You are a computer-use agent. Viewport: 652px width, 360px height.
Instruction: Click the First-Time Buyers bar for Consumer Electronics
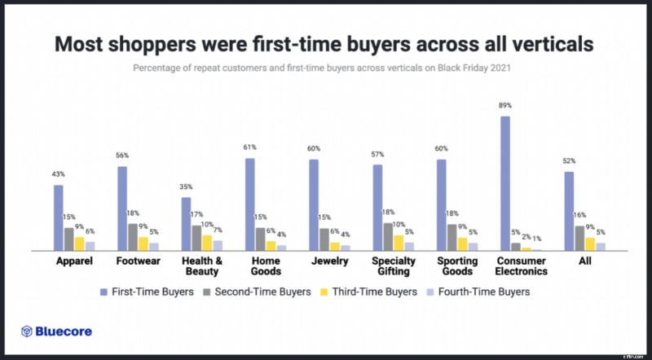[x=505, y=183]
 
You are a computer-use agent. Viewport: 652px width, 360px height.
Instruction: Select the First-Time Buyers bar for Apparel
[x=59, y=217]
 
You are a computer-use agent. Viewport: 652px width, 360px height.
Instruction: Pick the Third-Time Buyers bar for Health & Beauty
[x=207, y=243]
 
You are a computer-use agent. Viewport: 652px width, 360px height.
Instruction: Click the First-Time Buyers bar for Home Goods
[x=249, y=204]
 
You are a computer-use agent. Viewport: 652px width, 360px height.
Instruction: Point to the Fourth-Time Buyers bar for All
[x=601, y=246]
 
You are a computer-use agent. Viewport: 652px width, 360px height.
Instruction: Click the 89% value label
[x=505, y=106]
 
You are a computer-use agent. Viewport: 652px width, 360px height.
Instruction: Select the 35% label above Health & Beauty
[x=186, y=187]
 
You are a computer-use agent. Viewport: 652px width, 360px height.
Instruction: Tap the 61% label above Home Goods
[x=249, y=147]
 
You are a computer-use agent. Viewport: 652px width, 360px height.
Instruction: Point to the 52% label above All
[x=569, y=161]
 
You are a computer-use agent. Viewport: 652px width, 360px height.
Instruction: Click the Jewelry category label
[x=328, y=261]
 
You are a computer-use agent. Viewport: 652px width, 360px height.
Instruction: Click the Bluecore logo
[x=56, y=331]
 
